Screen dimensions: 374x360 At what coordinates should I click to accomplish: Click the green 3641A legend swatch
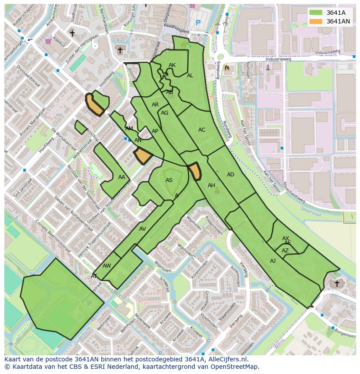tap(316, 13)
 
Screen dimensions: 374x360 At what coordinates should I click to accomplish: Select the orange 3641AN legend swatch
tap(316, 21)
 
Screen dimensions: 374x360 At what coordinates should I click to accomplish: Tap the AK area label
tap(172, 65)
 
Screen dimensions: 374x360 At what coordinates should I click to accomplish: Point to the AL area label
tap(190, 76)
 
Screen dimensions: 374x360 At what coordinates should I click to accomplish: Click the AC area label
tap(202, 130)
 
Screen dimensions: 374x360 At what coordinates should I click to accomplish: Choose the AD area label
tap(230, 175)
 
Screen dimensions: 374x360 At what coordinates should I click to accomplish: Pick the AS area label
tap(169, 180)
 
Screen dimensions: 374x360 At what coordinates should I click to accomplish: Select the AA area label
tap(122, 177)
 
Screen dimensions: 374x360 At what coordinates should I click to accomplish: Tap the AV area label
tap(143, 229)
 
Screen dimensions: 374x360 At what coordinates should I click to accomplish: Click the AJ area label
tap(273, 261)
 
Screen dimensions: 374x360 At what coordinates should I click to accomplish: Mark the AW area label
tap(107, 266)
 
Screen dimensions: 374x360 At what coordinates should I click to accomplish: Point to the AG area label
tap(164, 113)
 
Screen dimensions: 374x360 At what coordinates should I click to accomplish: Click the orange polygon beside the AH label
tap(194, 171)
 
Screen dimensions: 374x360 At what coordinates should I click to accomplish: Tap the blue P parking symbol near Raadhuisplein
tap(198, 23)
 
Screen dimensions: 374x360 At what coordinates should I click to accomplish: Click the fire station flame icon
tap(226, 68)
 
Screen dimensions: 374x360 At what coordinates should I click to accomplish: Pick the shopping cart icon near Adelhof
tap(47, 41)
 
